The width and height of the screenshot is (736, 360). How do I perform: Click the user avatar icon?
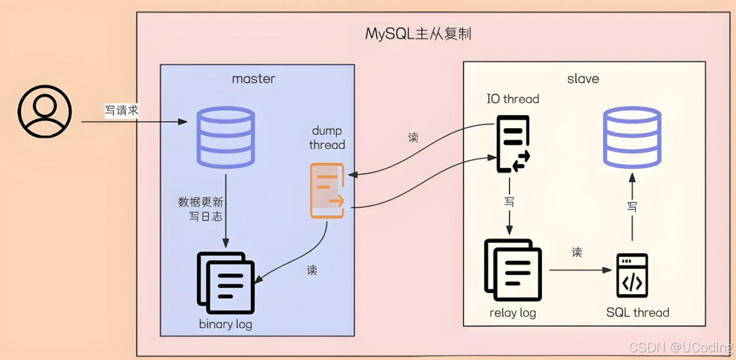click(45, 112)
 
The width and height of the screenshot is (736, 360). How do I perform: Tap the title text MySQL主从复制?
click(418, 34)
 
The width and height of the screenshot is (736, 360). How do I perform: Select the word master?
click(254, 78)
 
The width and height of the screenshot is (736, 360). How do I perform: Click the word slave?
click(583, 78)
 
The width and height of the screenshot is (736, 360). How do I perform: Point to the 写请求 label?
click(122, 110)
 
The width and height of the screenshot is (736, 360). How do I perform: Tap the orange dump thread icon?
click(327, 191)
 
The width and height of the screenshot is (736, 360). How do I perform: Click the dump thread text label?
click(327, 138)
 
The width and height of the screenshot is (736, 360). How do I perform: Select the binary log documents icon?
click(226, 282)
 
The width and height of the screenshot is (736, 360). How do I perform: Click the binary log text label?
click(225, 324)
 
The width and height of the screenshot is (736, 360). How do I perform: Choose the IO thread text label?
click(512, 99)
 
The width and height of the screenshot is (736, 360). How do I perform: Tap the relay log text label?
click(512, 312)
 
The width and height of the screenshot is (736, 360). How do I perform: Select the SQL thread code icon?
click(632, 275)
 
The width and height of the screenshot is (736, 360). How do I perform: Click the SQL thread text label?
click(637, 312)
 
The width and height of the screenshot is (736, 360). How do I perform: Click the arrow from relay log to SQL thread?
click(580, 271)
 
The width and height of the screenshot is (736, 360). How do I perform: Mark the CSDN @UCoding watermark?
click(681, 348)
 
